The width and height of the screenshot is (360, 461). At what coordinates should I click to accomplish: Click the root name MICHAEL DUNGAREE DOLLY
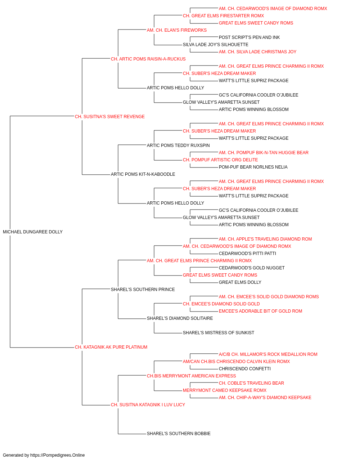[33, 232]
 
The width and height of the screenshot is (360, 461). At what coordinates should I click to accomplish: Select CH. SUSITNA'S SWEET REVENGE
[109, 117]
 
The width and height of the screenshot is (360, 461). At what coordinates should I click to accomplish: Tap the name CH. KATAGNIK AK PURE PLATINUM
[111, 347]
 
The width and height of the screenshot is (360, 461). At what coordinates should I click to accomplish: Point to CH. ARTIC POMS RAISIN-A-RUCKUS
[148, 59]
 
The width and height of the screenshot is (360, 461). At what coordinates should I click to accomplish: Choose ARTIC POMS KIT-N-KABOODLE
[143, 174]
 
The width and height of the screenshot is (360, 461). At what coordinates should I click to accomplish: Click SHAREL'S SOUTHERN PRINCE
[143, 290]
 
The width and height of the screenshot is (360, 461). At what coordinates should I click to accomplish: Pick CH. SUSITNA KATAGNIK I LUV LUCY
[148, 405]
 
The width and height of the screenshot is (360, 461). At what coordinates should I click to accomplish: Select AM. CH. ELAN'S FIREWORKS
[177, 30]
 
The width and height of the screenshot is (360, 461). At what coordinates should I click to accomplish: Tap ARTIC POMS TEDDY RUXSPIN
[178, 145]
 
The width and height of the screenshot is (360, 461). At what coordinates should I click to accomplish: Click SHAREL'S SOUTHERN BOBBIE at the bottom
[179, 434]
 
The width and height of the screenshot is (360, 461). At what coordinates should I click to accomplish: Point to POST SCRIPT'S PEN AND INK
[249, 37]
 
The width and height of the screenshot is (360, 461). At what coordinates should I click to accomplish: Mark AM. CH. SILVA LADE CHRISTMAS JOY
[257, 52]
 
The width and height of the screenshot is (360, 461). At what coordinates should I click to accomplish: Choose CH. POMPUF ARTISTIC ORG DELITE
[220, 160]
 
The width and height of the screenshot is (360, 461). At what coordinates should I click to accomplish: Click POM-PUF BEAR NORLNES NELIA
[253, 167]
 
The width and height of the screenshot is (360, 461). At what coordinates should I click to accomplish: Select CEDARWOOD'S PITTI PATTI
[247, 254]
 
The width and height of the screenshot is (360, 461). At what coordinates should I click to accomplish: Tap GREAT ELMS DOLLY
[240, 282]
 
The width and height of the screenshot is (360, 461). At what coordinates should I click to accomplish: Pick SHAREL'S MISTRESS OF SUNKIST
[219, 333]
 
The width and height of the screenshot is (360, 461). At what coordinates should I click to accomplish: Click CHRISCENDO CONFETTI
[245, 369]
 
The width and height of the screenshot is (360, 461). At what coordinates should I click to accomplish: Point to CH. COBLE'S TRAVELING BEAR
[251, 383]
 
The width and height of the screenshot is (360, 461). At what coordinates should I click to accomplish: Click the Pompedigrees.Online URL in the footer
[57, 455]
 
